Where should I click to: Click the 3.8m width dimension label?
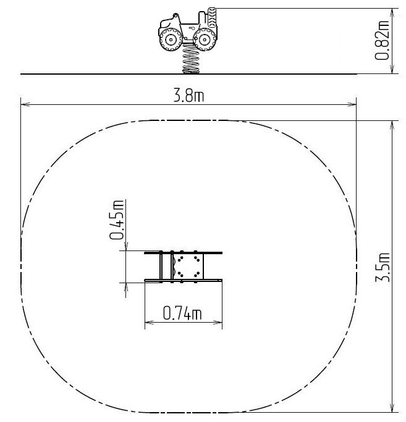[x=188, y=96]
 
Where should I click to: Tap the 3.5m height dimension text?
[x=383, y=267]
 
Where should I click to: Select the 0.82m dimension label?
[x=382, y=40]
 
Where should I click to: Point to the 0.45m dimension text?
[x=117, y=220]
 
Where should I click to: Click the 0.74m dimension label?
[x=182, y=313]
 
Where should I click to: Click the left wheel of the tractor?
[x=171, y=39]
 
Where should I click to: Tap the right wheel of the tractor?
[x=205, y=39]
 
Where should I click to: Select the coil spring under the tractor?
[x=191, y=59]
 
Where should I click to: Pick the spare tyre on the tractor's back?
[x=212, y=17]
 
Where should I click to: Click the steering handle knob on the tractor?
[x=176, y=15]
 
